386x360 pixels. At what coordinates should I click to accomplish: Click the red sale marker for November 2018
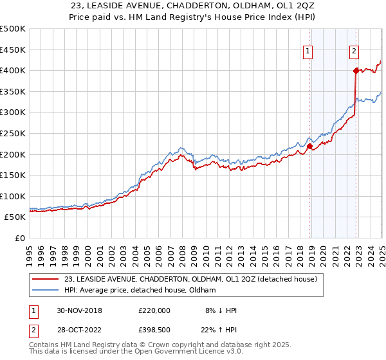coord(309,146)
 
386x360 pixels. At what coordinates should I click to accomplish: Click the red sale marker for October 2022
coord(355,71)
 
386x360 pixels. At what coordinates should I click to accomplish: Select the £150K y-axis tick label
coord(13,175)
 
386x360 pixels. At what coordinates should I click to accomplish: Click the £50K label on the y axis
coord(15,217)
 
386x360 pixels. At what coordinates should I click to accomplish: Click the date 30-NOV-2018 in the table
coord(80,310)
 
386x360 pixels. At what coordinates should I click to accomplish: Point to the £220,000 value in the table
coord(154,310)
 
